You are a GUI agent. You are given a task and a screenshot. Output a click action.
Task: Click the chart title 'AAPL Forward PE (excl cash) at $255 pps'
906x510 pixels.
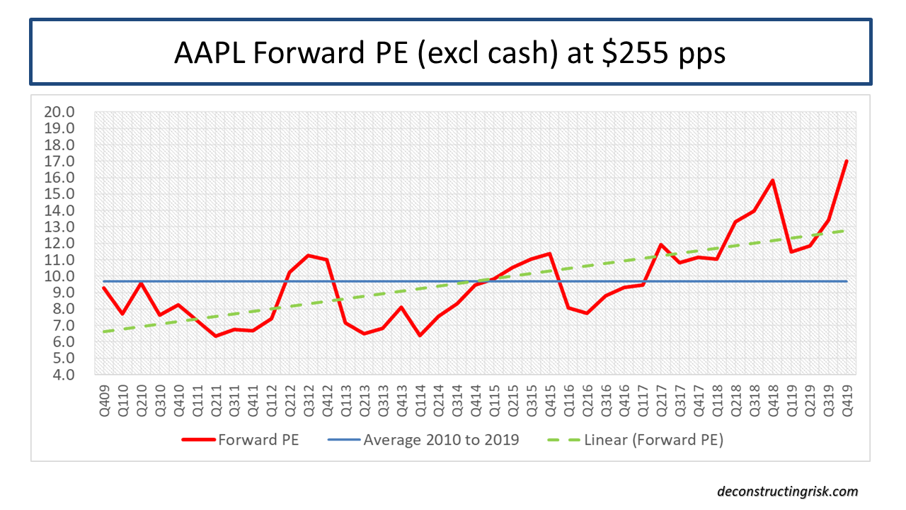point(450,53)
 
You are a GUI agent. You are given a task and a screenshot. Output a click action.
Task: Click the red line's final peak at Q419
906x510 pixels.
point(847,161)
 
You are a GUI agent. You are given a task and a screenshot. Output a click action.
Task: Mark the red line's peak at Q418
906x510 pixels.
point(773,180)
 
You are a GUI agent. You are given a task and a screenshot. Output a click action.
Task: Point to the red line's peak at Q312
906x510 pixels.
point(309,255)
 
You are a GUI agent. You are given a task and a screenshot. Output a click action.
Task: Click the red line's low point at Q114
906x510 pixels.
point(420,335)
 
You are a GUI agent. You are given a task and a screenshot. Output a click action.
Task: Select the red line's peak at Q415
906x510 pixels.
point(549,254)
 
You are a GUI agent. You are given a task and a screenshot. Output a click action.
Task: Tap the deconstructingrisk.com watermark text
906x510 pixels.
point(787,491)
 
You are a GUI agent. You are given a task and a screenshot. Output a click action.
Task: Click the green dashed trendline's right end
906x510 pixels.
point(847,229)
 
